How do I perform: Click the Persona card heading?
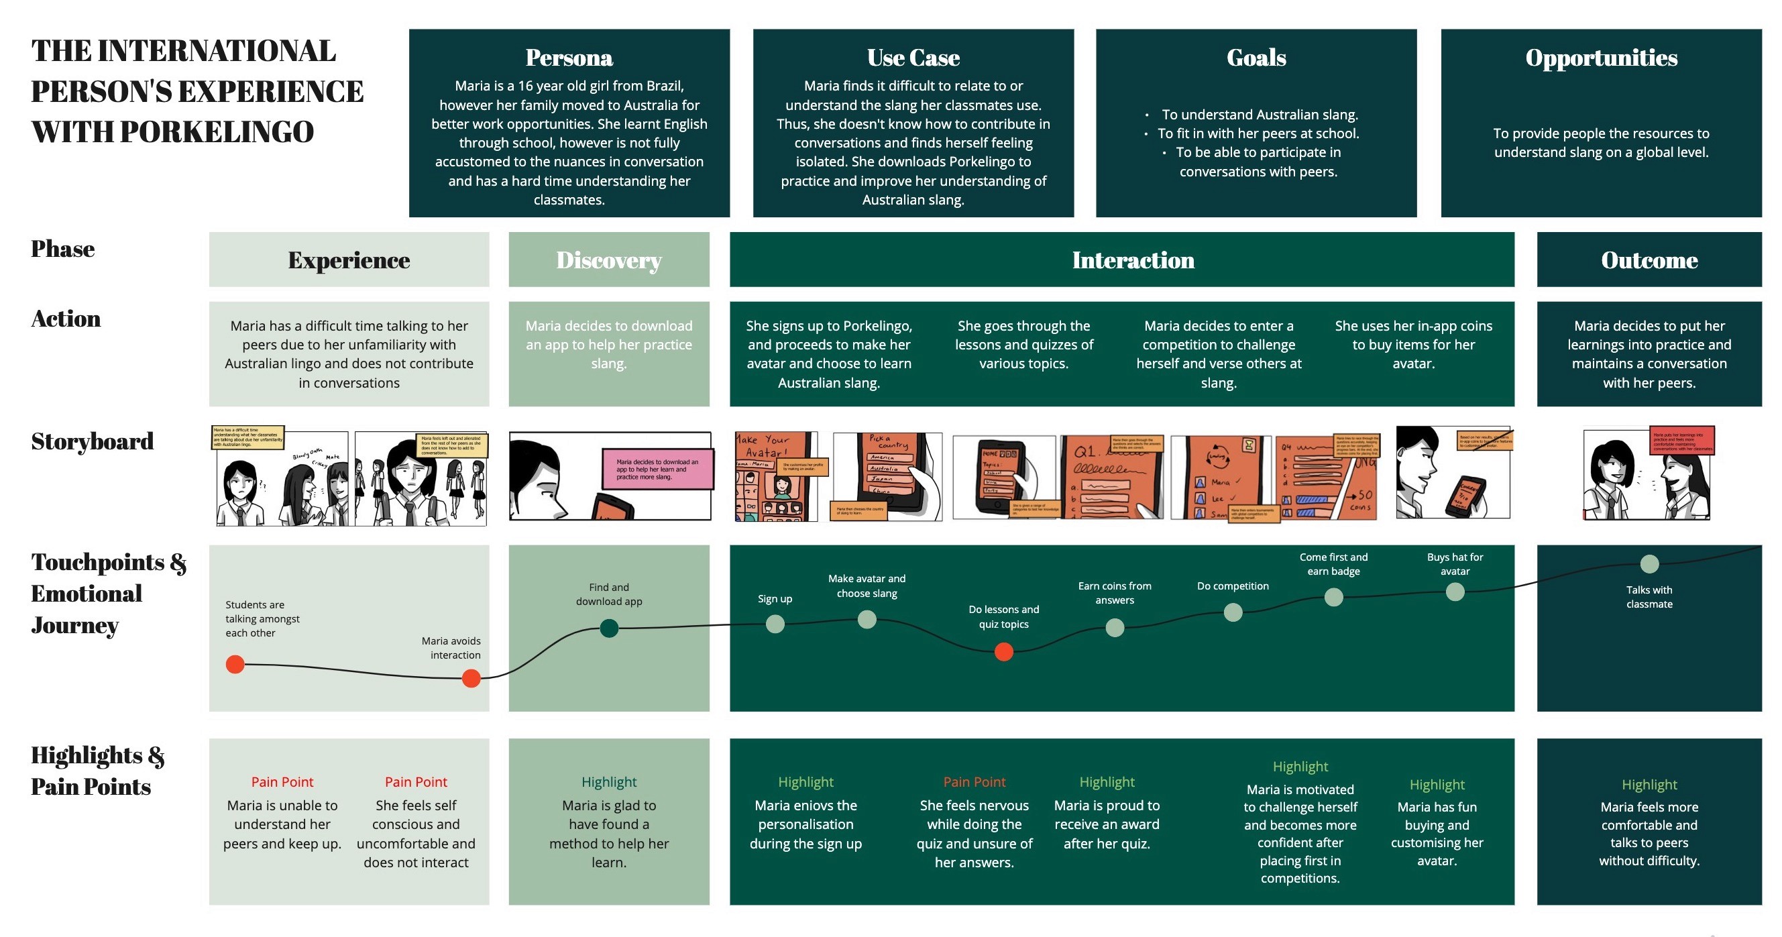569,58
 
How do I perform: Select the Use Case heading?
913,58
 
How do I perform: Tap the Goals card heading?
1256,58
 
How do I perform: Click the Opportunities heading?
1602,58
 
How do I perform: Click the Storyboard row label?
92,441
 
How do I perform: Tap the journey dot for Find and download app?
609,628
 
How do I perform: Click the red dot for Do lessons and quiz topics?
1004,652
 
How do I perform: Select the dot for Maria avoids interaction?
471,678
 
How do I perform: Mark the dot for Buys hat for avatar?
1455,592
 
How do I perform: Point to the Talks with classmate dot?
1650,564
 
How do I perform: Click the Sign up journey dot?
775,624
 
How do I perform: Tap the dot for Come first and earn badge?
1334,596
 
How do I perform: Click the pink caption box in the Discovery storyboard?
657,470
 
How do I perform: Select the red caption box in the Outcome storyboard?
1682,440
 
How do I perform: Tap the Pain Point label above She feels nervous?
974,782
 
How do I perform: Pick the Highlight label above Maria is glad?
609,782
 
